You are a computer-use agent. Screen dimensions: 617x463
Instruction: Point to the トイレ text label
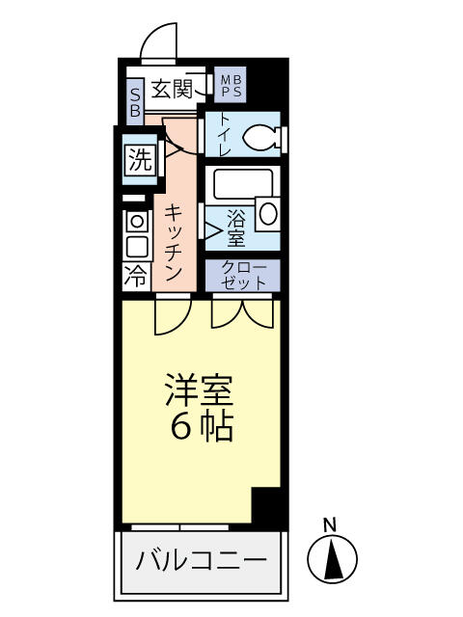[224, 136]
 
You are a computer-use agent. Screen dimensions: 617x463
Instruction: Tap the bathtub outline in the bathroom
[241, 184]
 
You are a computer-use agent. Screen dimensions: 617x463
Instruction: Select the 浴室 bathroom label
[235, 226]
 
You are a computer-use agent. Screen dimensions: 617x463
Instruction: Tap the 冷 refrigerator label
[136, 277]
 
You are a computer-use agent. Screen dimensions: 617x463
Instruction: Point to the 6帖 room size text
[202, 427]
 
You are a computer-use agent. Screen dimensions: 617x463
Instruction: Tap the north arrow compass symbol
[332, 558]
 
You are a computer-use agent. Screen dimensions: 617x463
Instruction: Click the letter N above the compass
[329, 525]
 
